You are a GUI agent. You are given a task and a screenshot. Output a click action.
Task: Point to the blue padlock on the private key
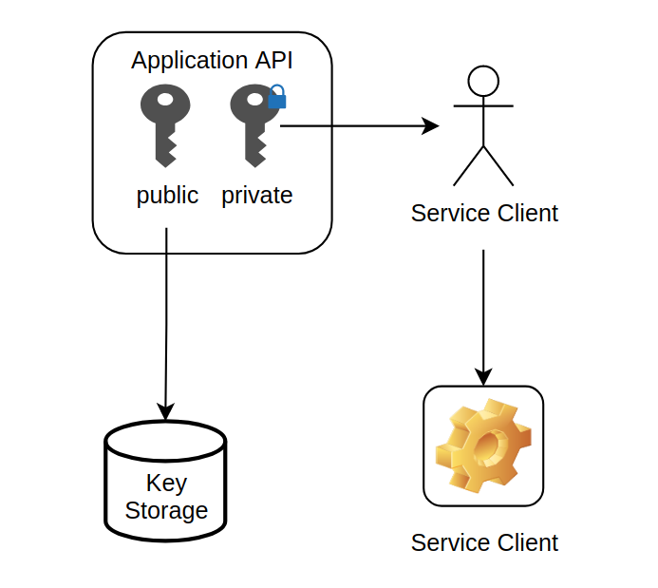(x=276, y=97)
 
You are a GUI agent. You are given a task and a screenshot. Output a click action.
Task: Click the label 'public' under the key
(x=167, y=196)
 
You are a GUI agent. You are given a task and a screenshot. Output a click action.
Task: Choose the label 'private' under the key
(x=256, y=196)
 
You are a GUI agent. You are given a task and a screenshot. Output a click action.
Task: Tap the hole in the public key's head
(x=165, y=100)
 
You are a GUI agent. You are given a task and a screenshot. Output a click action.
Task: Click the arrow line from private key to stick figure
(x=351, y=125)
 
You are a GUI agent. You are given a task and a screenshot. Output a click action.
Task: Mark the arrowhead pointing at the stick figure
(x=432, y=125)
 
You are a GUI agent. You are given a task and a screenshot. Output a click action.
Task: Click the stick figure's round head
(x=483, y=81)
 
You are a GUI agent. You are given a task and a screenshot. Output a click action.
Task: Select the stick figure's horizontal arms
(x=483, y=105)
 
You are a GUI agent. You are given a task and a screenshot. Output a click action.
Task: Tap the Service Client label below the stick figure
(x=484, y=214)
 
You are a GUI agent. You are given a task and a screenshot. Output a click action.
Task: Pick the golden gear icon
(x=482, y=446)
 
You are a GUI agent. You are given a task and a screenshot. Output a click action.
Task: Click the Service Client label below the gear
(x=484, y=542)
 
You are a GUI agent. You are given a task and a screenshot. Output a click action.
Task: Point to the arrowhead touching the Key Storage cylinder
(x=165, y=412)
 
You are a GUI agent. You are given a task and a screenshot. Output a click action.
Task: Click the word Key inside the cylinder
(x=166, y=483)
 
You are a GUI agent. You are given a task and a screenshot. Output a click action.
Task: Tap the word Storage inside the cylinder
(x=166, y=511)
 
